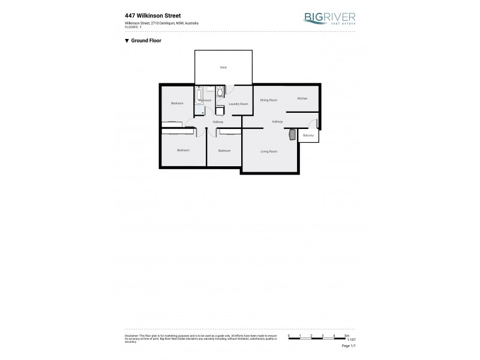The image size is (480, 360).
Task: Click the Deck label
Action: click(223, 68)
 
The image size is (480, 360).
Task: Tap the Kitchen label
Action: click(302, 98)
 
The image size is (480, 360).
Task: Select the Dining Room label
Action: click(268, 100)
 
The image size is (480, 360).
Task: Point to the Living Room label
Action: click(268, 151)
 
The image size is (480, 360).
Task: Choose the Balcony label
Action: click(308, 136)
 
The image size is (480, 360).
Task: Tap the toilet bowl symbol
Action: click(220, 92)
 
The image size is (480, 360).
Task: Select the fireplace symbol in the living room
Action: click(292, 134)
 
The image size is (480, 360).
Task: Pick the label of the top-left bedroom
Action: click(176, 103)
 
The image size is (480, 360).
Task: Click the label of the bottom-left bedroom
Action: click(183, 150)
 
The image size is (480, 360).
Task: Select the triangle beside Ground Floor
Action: click(127, 41)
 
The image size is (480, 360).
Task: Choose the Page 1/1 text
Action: click(349, 347)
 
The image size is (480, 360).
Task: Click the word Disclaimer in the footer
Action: click(130, 335)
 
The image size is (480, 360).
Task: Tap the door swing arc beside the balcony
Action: click(314, 124)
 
